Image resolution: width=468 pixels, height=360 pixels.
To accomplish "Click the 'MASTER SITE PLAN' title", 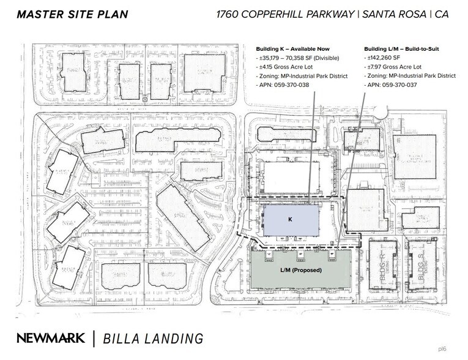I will [72, 14].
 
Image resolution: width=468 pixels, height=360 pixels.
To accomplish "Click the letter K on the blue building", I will [291, 218].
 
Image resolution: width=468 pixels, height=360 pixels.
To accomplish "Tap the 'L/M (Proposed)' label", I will [301, 269].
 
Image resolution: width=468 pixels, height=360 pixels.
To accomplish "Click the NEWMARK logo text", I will [51, 337].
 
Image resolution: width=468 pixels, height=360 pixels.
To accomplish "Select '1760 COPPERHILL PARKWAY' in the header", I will [284, 14].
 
